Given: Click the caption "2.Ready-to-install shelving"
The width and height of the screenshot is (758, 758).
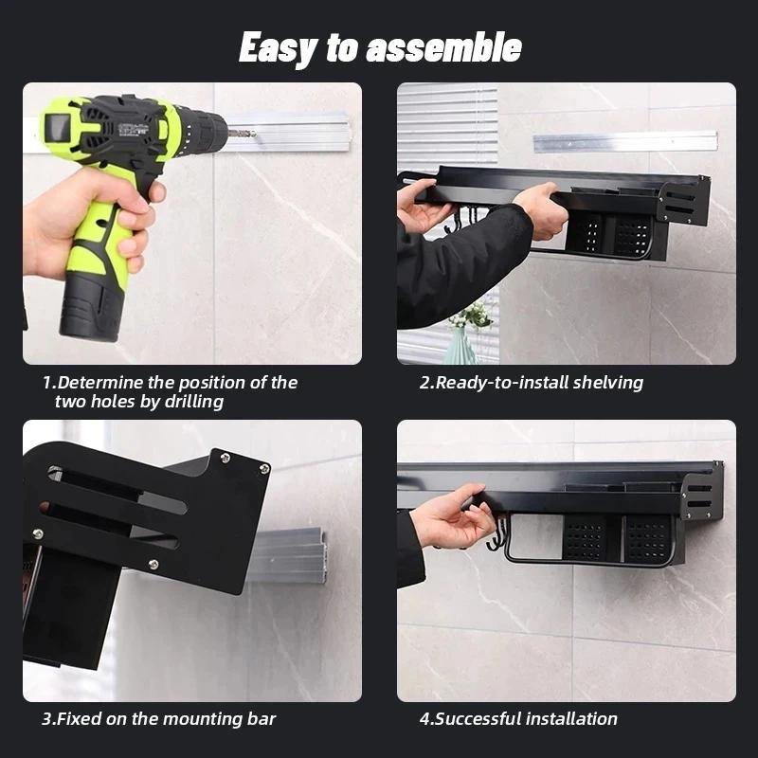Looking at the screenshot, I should (x=532, y=383).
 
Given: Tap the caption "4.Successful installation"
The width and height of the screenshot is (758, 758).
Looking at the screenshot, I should (x=518, y=719).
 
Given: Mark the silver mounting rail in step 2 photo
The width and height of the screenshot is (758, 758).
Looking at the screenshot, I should (x=624, y=141).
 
